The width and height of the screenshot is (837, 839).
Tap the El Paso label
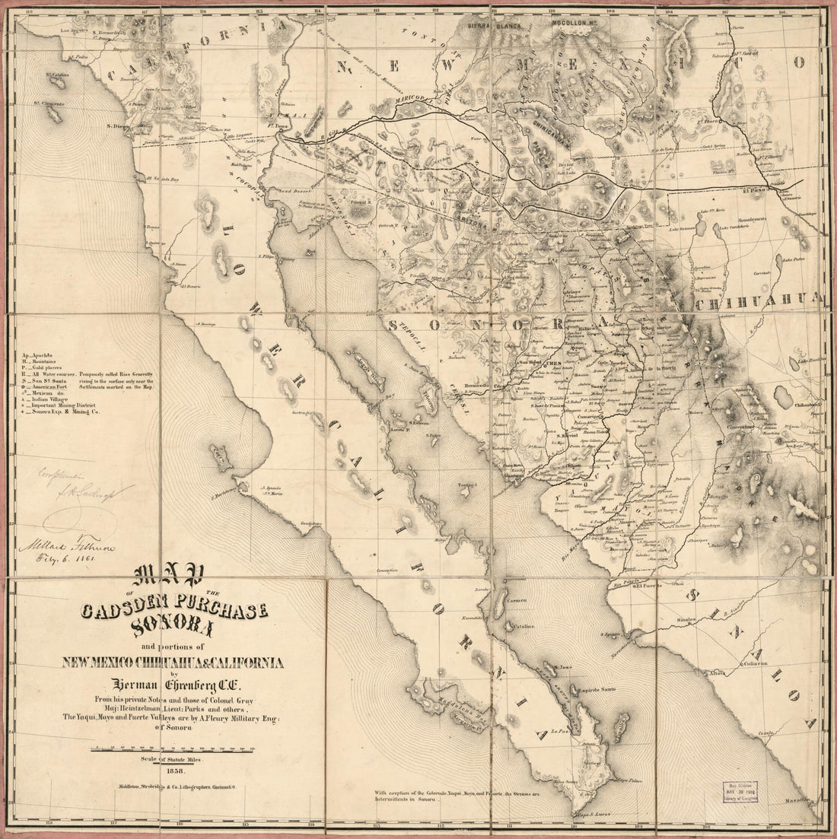[753, 169]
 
